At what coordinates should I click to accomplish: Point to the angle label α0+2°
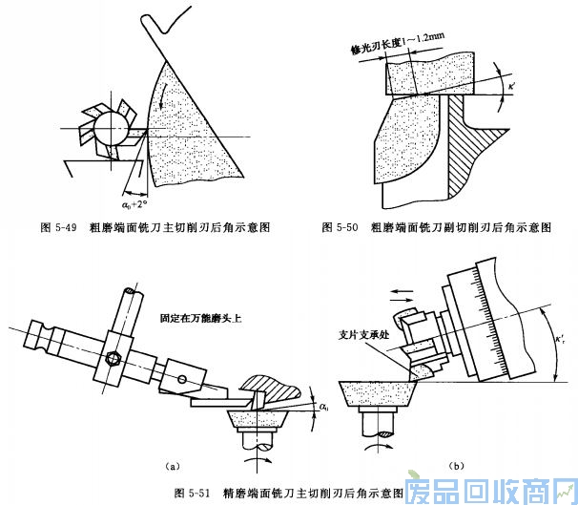pyautogui.click(x=134, y=203)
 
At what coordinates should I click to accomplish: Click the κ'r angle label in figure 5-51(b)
pyautogui.click(x=560, y=337)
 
